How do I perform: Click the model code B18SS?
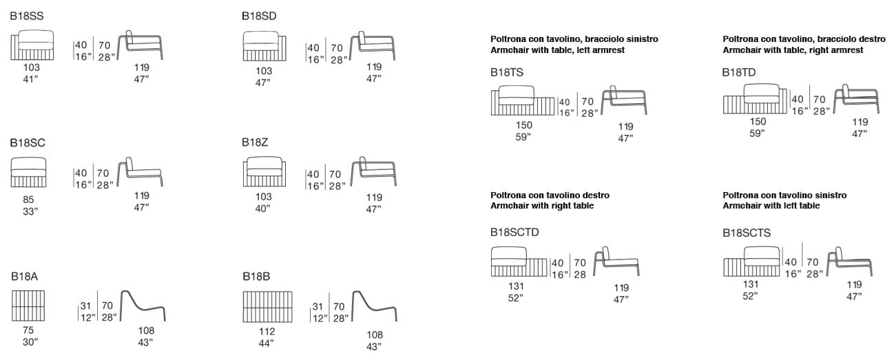(x=27, y=16)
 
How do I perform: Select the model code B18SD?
(x=259, y=16)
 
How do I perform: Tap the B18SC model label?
(x=27, y=142)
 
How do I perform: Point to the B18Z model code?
(x=254, y=142)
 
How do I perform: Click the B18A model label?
(x=24, y=277)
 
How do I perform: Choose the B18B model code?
(x=256, y=277)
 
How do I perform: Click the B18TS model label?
(x=507, y=72)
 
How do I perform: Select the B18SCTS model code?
(x=747, y=233)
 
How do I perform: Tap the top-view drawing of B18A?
(x=28, y=306)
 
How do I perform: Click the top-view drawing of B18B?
(x=268, y=306)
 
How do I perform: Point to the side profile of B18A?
(x=143, y=305)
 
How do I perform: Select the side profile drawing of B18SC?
(x=140, y=172)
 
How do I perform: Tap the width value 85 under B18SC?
(x=28, y=200)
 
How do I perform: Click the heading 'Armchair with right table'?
(x=542, y=206)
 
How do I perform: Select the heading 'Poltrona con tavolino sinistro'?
(x=784, y=195)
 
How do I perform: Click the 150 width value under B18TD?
(x=757, y=121)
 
